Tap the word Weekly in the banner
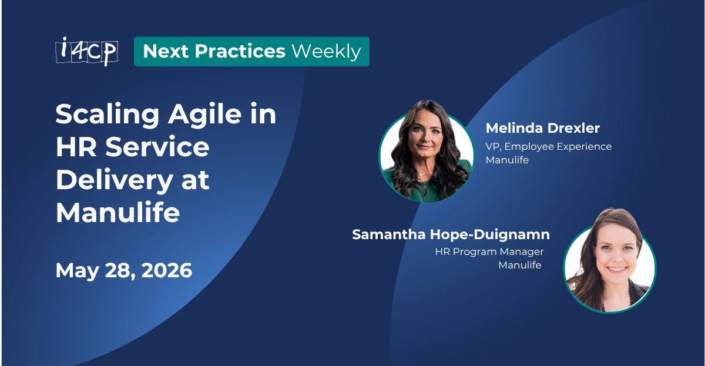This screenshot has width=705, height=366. tap(326, 52)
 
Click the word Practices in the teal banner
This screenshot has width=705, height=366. tap(240, 52)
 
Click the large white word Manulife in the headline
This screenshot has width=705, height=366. tap(117, 212)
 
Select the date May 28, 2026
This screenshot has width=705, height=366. tap(124, 271)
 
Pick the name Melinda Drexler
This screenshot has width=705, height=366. tap(542, 128)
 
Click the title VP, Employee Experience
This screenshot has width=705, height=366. tap(548, 146)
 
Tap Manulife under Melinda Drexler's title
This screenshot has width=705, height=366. tap(507, 159)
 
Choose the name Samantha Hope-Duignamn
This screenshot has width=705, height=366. tap(451, 234)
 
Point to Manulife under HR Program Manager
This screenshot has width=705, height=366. tap(519, 265)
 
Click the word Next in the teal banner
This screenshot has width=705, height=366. tap(166, 52)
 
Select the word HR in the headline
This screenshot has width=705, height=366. tap(75, 147)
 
